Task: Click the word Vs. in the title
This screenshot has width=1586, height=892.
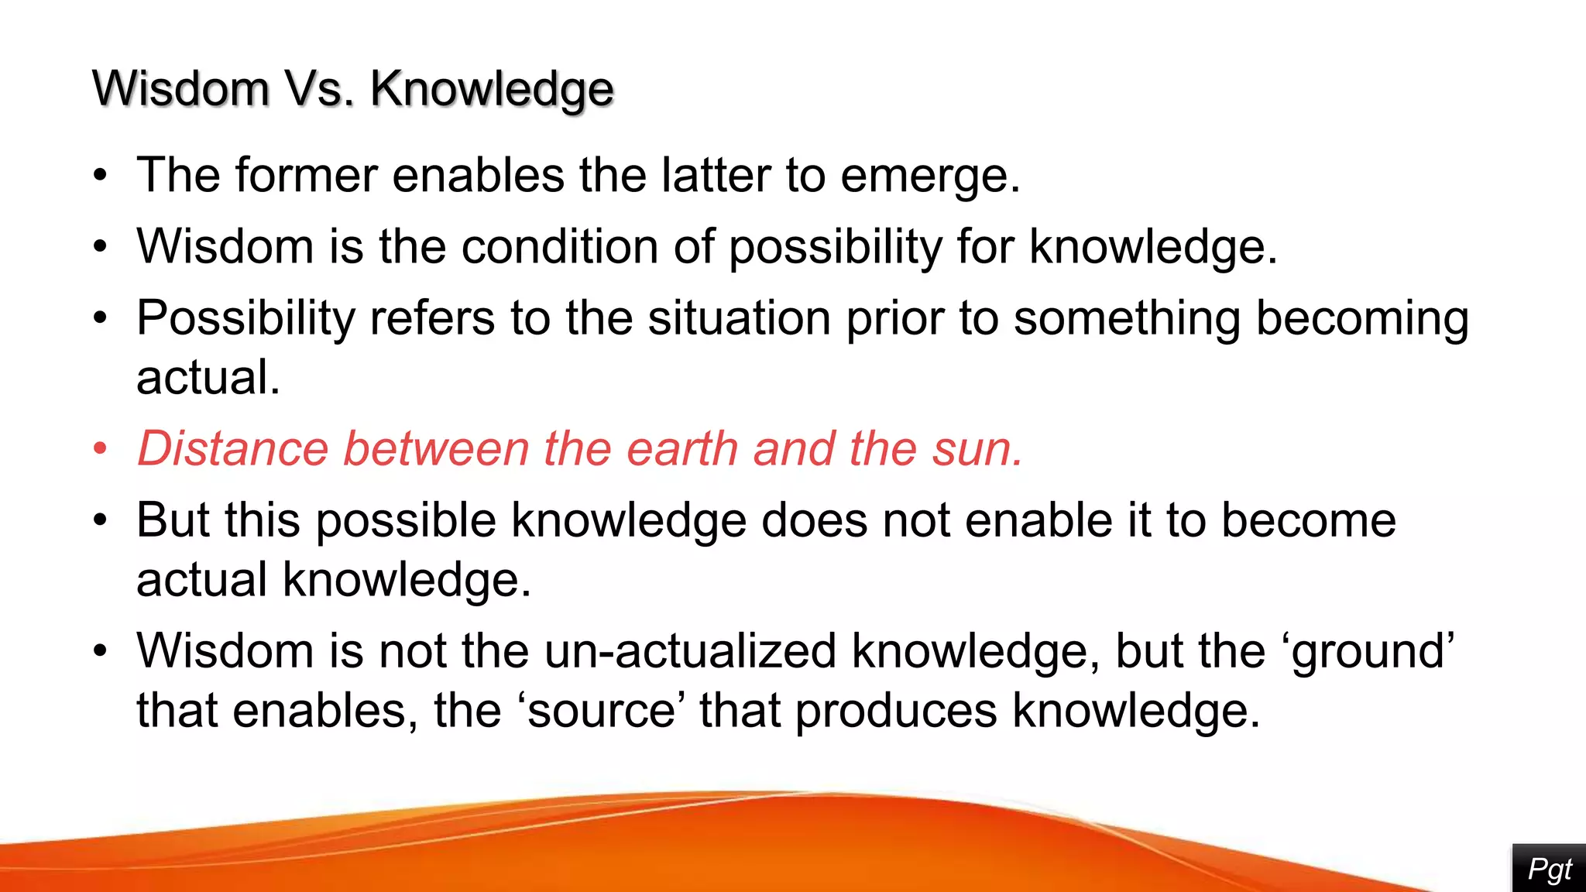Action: [319, 88]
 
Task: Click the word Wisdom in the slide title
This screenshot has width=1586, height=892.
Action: [180, 88]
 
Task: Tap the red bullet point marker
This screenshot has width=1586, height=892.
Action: [100, 449]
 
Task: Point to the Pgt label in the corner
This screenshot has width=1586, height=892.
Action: [1549, 869]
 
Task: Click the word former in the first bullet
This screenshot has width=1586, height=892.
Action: [306, 175]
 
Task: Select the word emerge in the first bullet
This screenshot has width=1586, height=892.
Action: [929, 177]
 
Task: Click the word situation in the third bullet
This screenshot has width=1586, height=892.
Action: [739, 318]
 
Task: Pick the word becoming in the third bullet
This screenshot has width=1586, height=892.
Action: [1361, 320]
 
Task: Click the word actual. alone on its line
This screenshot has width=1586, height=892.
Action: [208, 377]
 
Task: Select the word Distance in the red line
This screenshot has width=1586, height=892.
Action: [232, 448]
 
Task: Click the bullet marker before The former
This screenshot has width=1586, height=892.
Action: [100, 176]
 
